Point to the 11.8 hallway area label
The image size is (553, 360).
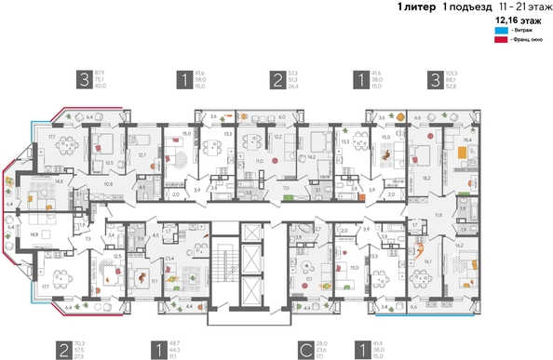437,215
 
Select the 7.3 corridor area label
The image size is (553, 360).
88,239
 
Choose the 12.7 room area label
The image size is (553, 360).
142,154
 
